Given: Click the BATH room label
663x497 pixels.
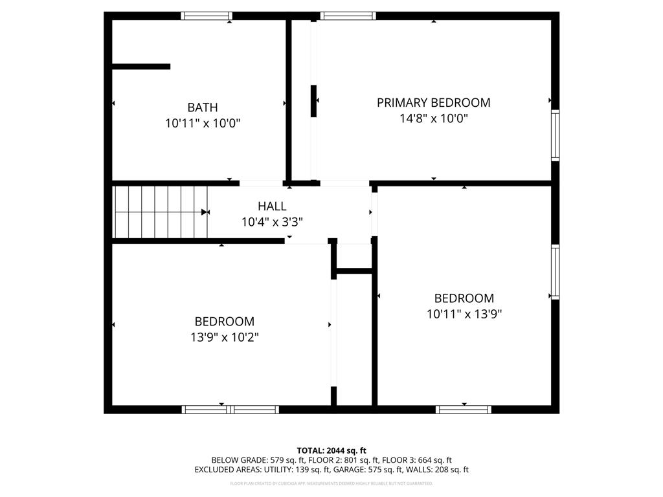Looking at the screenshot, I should pos(203,107).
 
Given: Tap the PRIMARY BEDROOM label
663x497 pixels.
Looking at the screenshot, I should pos(433,102).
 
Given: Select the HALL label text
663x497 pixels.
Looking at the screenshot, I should pos(272,206).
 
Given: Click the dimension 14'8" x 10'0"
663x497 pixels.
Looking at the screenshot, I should pos(433,118).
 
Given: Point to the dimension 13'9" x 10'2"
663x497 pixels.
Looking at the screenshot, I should pos(225,337).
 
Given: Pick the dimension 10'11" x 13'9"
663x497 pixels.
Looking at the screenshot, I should pos(464,315).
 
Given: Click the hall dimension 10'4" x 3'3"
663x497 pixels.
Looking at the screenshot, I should pos(272,221).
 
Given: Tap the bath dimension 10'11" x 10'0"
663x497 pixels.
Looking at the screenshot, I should pos(203,123).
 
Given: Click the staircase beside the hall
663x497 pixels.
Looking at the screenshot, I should pos(160,212).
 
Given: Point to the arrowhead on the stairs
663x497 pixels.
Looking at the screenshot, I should pos(205,212).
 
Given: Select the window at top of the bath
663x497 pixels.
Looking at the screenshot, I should pos(207,16).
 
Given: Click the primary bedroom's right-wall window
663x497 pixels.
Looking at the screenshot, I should pos(555,135).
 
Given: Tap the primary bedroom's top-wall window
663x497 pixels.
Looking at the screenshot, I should pos(348,16).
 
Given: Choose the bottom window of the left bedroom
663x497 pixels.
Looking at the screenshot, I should pos(230,409).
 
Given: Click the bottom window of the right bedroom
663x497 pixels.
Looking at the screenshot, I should pos(464,409).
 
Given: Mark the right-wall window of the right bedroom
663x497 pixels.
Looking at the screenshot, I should pos(555,272).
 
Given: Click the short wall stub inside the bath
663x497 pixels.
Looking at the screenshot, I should pos(141,66).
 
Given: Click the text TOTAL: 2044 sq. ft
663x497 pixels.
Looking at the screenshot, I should pos(331,450).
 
